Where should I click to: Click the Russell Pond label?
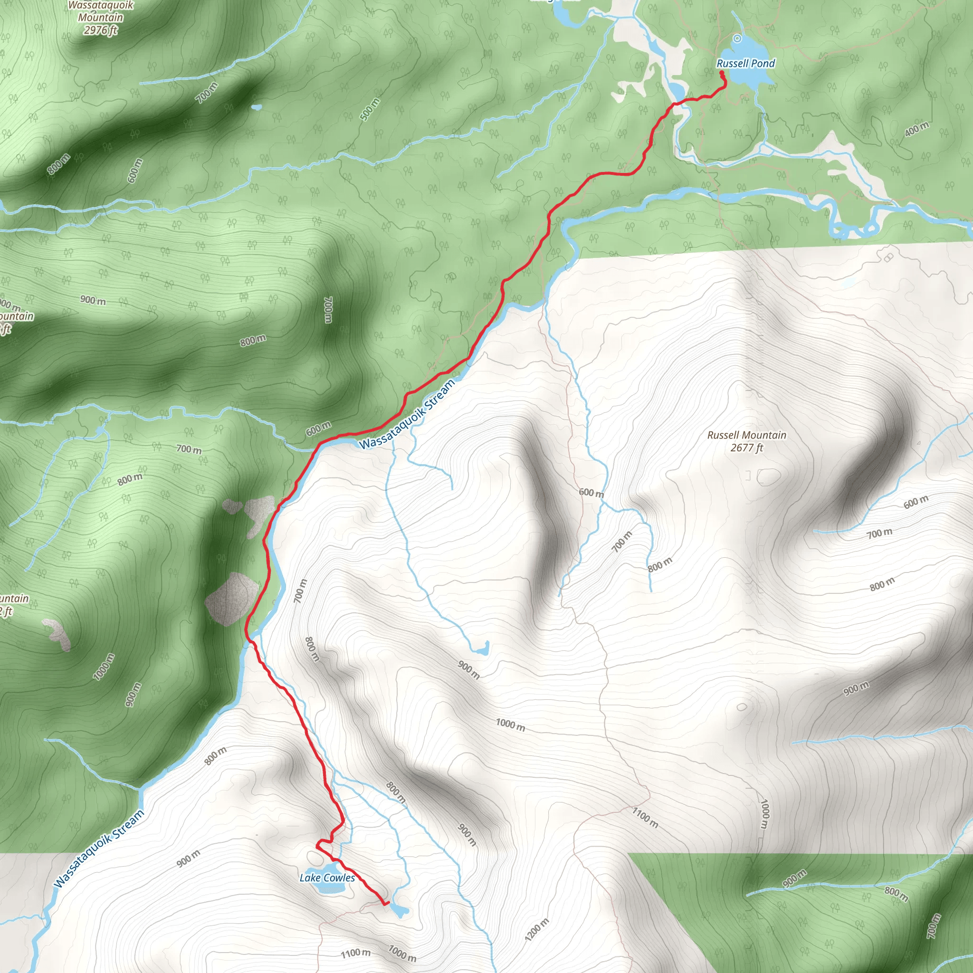pyautogui.click(x=745, y=64)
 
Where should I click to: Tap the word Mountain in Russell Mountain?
pyautogui.click(x=764, y=435)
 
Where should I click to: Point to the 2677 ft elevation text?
pyautogui.click(x=747, y=447)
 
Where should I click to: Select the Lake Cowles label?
pyautogui.click(x=327, y=878)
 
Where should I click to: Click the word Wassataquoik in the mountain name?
pyautogui.click(x=100, y=6)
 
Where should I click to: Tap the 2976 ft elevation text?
pyautogui.click(x=100, y=30)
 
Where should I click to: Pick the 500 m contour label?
pyautogui.click(x=370, y=110)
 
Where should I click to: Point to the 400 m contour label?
pyautogui.click(x=916, y=129)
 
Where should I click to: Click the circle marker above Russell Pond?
pyautogui.click(x=737, y=38)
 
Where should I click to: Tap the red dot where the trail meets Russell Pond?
pyautogui.click(x=721, y=73)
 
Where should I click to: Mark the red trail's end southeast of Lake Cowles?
pyautogui.click(x=386, y=905)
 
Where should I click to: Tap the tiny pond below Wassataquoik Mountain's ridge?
pyautogui.click(x=257, y=107)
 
